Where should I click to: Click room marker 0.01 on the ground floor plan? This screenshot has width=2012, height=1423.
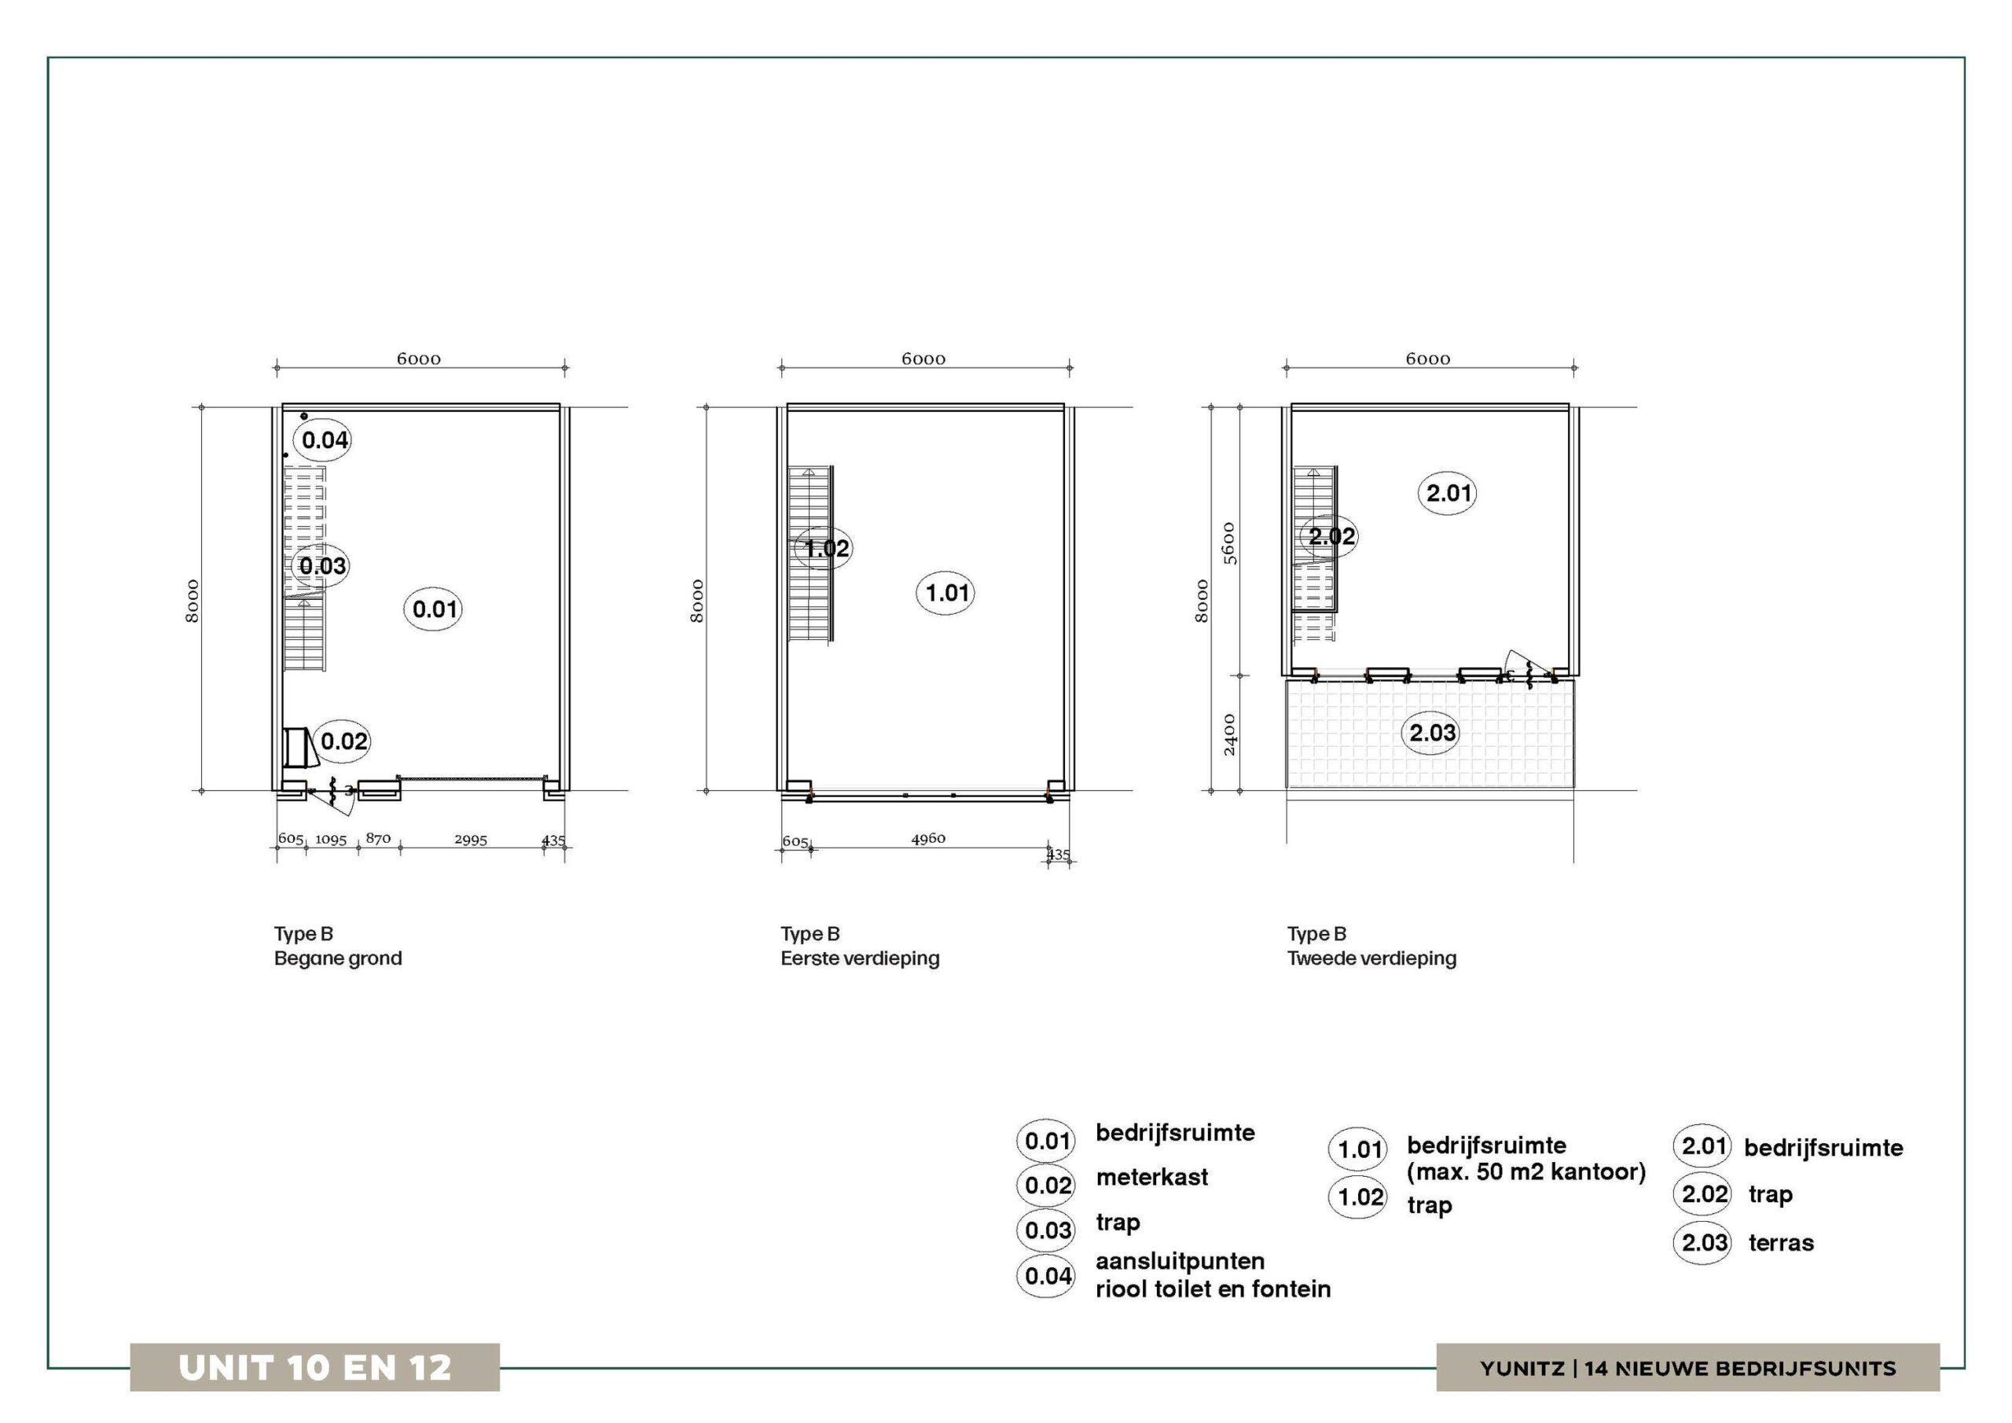pyautogui.click(x=434, y=609)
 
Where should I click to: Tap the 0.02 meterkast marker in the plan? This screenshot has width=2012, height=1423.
pyautogui.click(x=342, y=741)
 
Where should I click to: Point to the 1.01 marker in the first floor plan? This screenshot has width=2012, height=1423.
pyautogui.click(x=946, y=593)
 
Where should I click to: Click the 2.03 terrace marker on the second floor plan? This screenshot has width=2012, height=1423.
pyautogui.click(x=1432, y=732)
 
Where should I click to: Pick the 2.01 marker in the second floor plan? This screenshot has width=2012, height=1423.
pyautogui.click(x=1448, y=493)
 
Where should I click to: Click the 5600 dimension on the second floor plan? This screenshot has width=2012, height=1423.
pyautogui.click(x=1228, y=543)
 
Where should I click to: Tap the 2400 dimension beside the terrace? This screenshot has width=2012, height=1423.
pyautogui.click(x=1228, y=735)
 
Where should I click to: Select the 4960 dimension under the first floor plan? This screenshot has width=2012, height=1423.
pyautogui.click(x=928, y=838)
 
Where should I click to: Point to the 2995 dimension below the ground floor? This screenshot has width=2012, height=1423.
pyautogui.click(x=471, y=839)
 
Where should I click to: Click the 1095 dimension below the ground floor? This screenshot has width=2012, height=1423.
pyautogui.click(x=331, y=839)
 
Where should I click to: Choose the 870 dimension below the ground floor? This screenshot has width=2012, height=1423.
pyautogui.click(x=378, y=838)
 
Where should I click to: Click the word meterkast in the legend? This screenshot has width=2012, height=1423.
pyautogui.click(x=1151, y=1177)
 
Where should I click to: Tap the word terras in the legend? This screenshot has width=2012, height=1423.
pyautogui.click(x=1781, y=1242)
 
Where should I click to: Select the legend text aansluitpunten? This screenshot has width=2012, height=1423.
pyautogui.click(x=1180, y=1262)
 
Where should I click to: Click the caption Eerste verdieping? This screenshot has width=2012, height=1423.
pyautogui.click(x=860, y=958)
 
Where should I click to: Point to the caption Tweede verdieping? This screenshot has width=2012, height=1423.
pyautogui.click(x=1371, y=958)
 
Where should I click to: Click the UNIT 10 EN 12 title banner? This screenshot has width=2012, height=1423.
pyautogui.click(x=314, y=1368)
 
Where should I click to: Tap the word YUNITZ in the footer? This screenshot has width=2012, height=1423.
pyautogui.click(x=1522, y=1369)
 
